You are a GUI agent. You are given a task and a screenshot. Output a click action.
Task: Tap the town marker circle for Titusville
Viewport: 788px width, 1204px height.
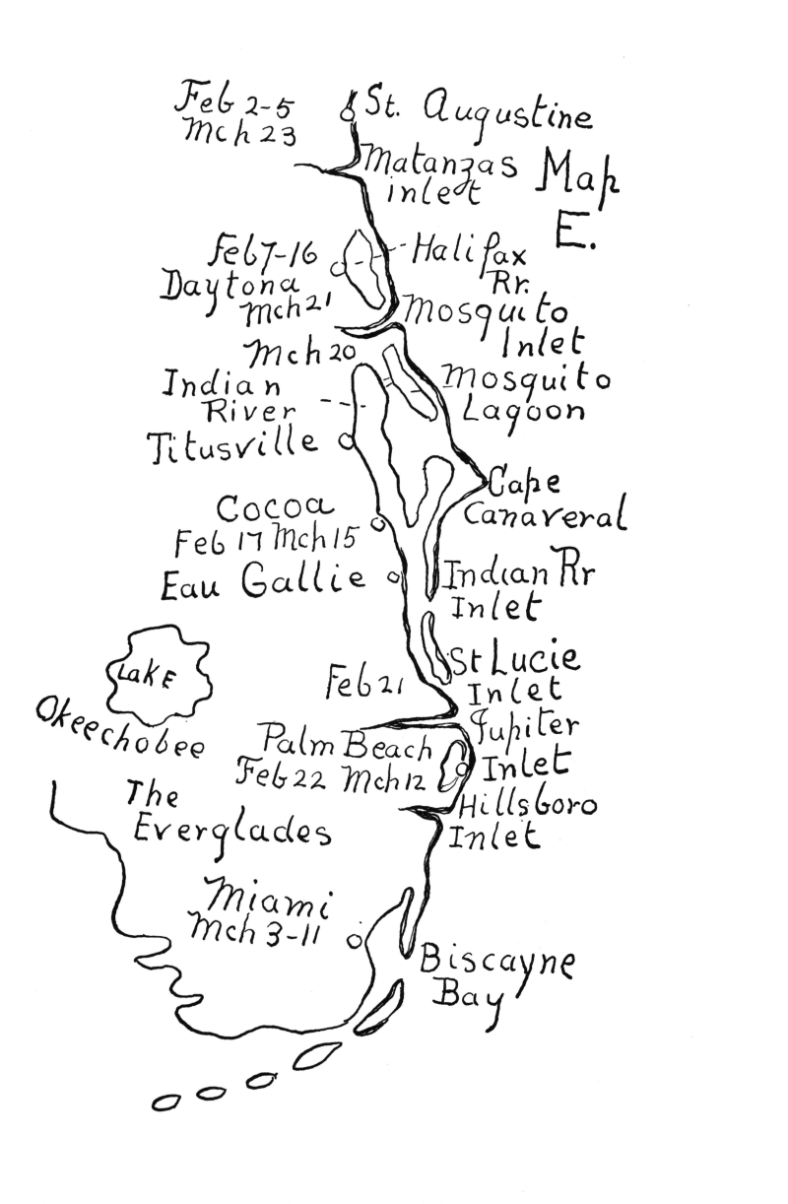tap(346, 442)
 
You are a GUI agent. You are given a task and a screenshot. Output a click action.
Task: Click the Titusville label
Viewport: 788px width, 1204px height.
tap(233, 445)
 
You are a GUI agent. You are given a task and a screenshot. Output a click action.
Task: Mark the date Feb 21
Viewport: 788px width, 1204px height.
tap(363, 681)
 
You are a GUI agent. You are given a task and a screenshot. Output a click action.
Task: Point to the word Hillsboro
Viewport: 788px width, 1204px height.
tap(528, 806)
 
